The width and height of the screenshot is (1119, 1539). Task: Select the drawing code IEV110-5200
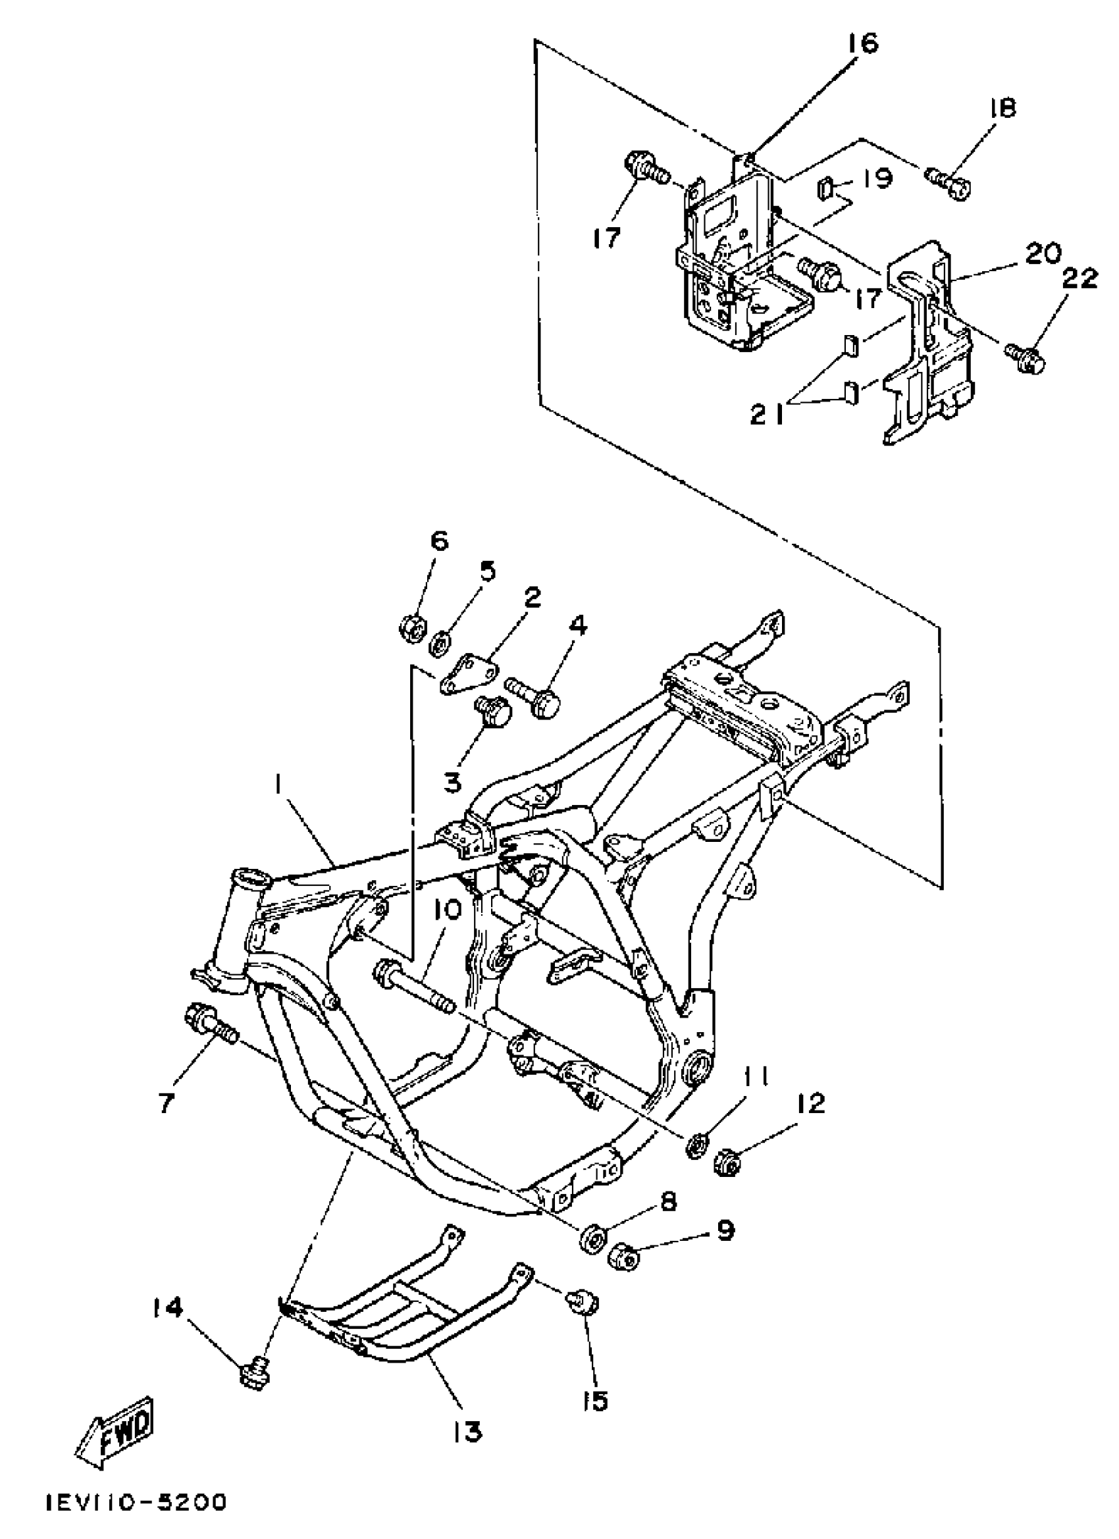(x=136, y=1501)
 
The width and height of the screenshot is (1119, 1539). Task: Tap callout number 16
(x=862, y=43)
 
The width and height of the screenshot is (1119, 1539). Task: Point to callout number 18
(x=1003, y=108)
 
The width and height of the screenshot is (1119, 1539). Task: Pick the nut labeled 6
(x=412, y=622)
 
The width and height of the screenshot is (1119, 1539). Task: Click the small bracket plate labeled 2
(x=468, y=675)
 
